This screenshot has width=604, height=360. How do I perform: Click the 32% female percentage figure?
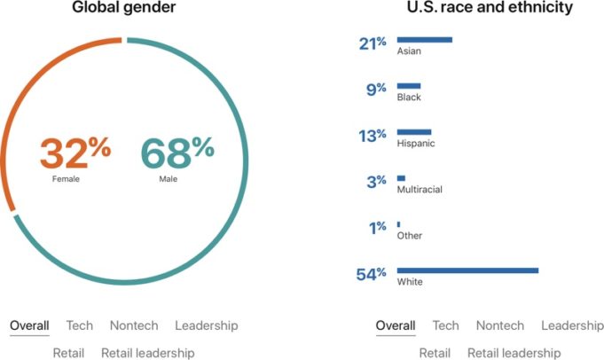tap(75, 153)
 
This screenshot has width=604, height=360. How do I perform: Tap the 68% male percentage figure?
tap(177, 153)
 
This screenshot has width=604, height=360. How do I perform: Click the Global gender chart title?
tap(124, 9)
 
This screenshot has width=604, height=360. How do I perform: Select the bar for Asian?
tap(424, 40)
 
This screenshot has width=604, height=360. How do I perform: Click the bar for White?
tap(467, 270)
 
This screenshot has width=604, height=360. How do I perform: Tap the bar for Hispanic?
tap(413, 132)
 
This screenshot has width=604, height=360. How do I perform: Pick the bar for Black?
tap(408, 86)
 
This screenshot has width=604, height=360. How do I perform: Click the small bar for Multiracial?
tap(401, 178)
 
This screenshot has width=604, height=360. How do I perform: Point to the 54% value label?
tap(371, 274)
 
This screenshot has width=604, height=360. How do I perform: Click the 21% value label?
tap(373, 43)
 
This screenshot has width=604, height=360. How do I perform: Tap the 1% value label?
tap(377, 228)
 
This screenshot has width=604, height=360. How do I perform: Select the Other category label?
tap(410, 236)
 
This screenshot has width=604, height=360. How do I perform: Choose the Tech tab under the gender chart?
tap(79, 325)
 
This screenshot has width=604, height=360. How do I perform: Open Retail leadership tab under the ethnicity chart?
tap(514, 353)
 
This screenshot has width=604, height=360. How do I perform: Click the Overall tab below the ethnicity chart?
tap(396, 325)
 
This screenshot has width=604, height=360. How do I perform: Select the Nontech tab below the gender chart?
tap(134, 325)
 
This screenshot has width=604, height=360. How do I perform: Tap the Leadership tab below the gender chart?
tap(207, 325)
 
